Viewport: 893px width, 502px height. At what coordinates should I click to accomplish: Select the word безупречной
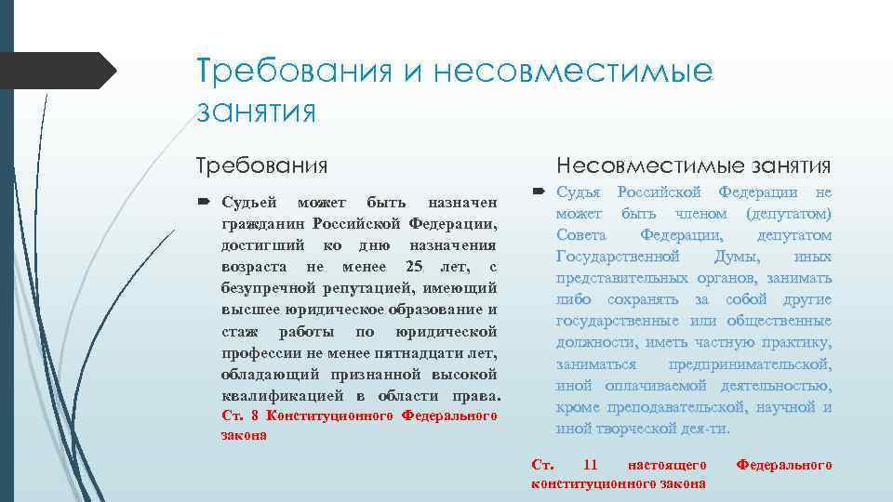tap(263, 290)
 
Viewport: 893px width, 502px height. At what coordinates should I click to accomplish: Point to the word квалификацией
tap(267, 397)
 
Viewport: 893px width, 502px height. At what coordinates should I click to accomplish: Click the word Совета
tap(583, 235)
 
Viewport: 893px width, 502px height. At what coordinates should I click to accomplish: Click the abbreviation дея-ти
tap(707, 428)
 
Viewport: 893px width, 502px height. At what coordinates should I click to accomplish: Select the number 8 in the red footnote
tap(255, 416)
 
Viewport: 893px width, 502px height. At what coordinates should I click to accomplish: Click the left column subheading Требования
tap(261, 166)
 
